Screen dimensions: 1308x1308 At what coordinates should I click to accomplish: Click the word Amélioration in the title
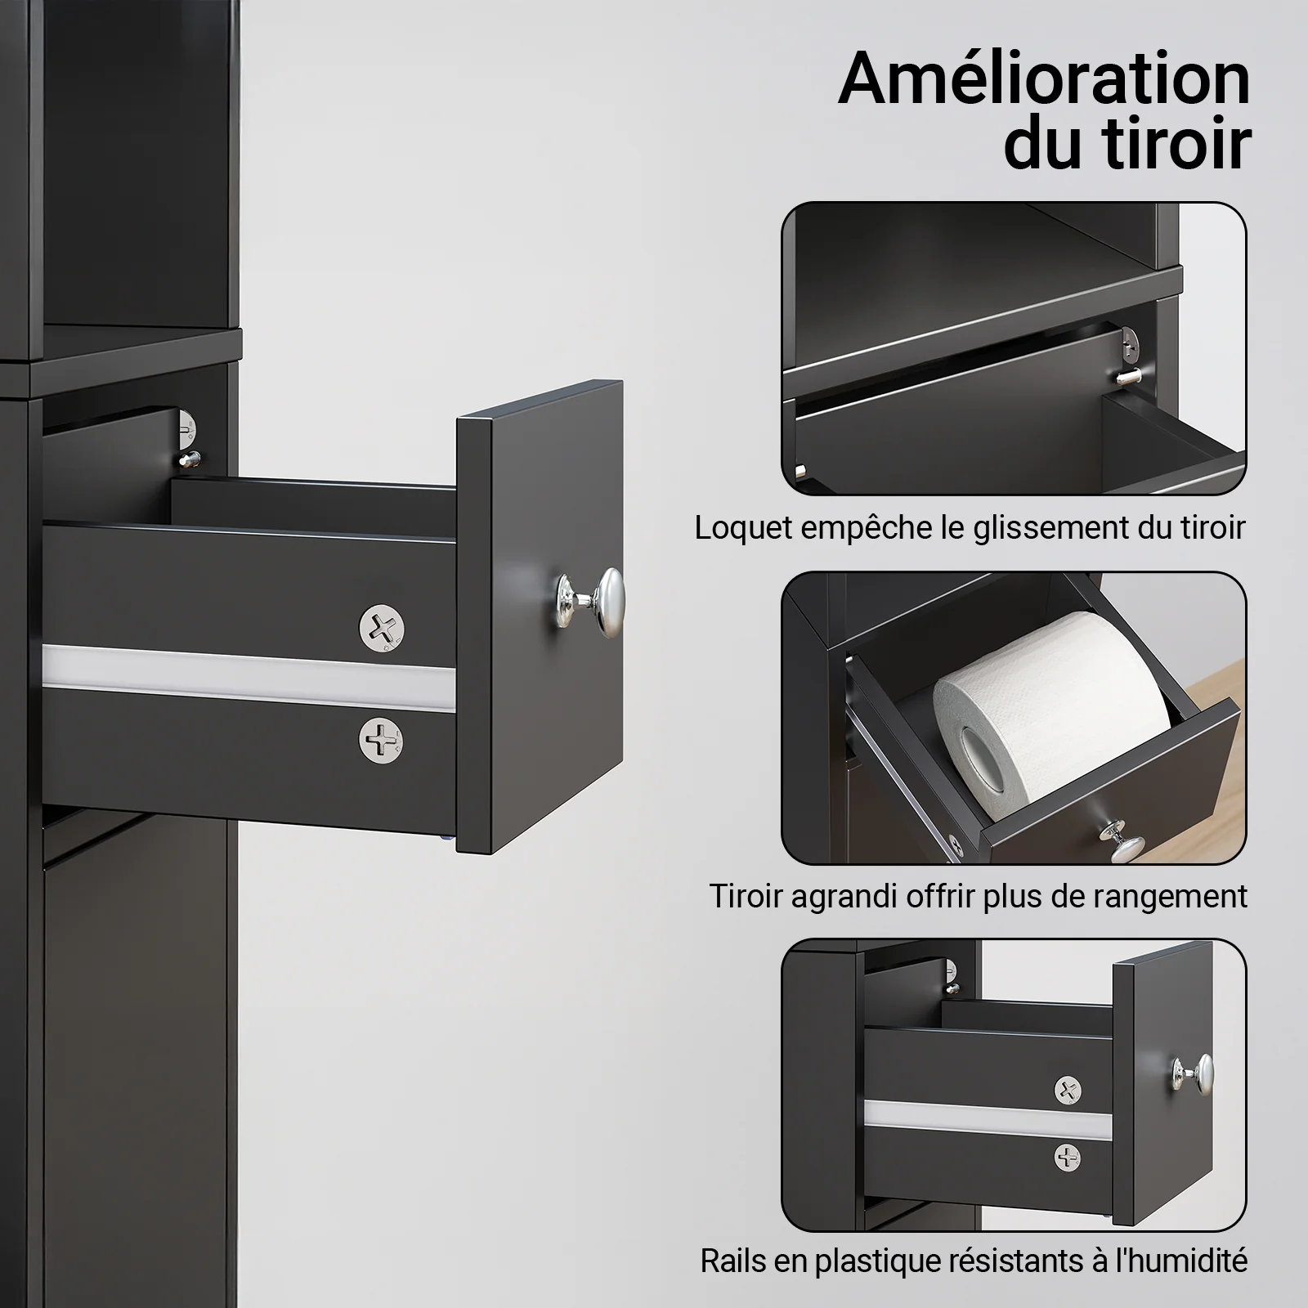(x=1044, y=79)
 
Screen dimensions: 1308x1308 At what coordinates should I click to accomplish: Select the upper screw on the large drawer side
(x=382, y=628)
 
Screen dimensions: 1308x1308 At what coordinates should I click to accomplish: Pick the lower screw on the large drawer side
(x=382, y=739)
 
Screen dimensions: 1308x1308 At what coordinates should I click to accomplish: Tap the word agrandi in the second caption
(x=849, y=896)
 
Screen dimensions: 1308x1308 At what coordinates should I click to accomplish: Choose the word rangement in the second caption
(x=1169, y=896)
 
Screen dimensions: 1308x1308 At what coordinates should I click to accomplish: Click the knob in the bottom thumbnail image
(x=1194, y=1073)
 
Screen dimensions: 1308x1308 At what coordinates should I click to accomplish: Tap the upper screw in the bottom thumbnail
(x=1068, y=1089)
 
